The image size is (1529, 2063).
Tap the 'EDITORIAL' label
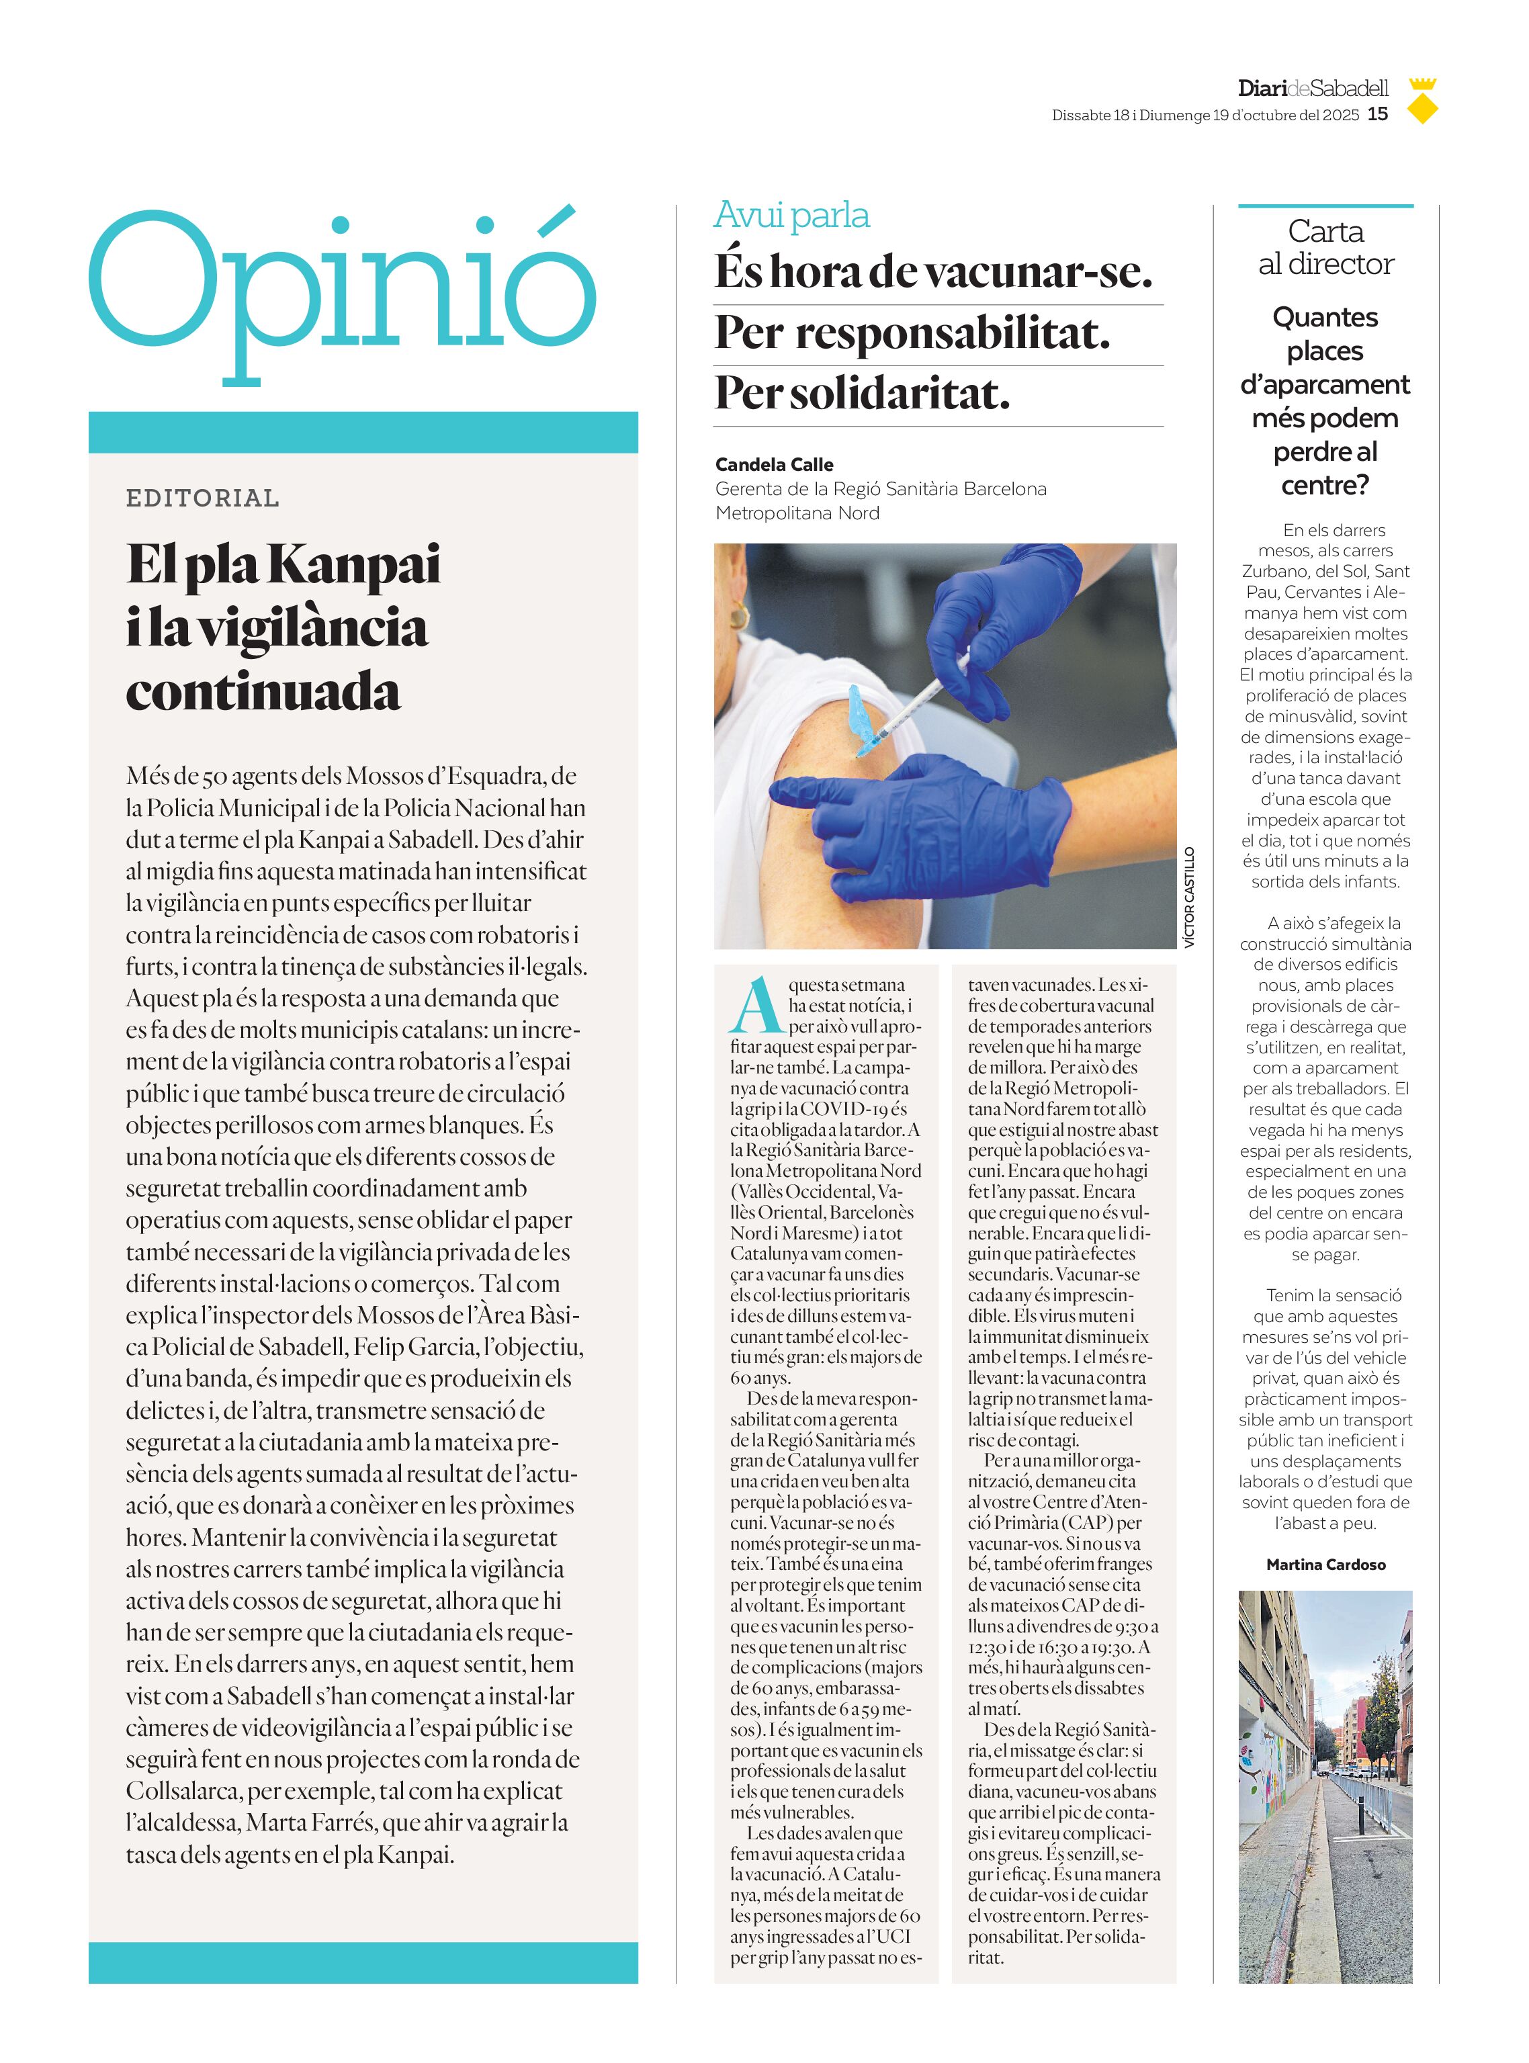[x=203, y=498]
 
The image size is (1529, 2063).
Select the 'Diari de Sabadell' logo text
[x=1313, y=89]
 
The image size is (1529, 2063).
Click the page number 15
[x=1377, y=114]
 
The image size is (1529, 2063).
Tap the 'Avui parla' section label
[x=791, y=215]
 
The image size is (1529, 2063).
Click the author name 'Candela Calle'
[x=774, y=465]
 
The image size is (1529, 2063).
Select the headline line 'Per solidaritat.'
[x=862, y=394]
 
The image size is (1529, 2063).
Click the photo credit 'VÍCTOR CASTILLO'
[x=1189, y=897]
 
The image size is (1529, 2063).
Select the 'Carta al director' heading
[x=1325, y=247]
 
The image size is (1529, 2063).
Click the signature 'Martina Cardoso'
[x=1325, y=1564]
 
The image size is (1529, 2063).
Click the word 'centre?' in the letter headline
[x=1325, y=485]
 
